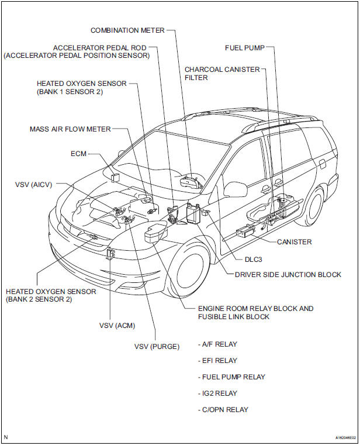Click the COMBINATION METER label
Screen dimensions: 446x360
click(127, 30)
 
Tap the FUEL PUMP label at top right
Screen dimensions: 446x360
click(245, 47)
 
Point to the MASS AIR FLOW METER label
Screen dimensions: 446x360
click(70, 129)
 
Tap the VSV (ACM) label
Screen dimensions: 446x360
click(110, 324)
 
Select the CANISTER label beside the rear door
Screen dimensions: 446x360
click(295, 242)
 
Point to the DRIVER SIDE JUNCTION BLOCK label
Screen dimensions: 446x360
click(288, 275)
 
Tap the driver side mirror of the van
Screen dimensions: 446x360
click(235, 189)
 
